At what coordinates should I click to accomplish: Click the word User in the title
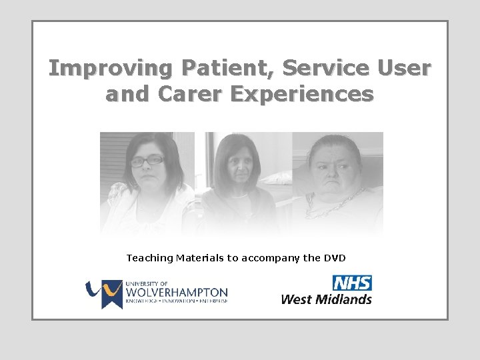coord(403,69)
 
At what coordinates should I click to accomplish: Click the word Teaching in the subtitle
coord(148,257)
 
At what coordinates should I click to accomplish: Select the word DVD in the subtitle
coord(335,257)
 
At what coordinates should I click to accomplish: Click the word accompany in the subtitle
coord(272,257)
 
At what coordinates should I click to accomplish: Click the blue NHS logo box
coord(352,283)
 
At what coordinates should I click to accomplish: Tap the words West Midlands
coord(326,299)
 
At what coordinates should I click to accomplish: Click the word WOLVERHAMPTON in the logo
coord(177,292)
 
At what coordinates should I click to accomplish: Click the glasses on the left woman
coord(147,161)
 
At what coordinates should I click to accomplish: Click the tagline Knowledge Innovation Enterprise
coord(177,301)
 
